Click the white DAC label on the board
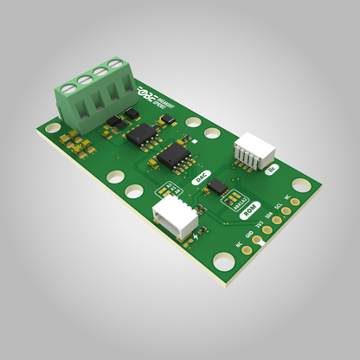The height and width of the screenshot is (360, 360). [201, 176]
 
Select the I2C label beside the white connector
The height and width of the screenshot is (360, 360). [273, 169]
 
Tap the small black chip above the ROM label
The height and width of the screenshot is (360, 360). [219, 185]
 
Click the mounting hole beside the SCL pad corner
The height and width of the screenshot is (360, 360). [299, 185]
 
